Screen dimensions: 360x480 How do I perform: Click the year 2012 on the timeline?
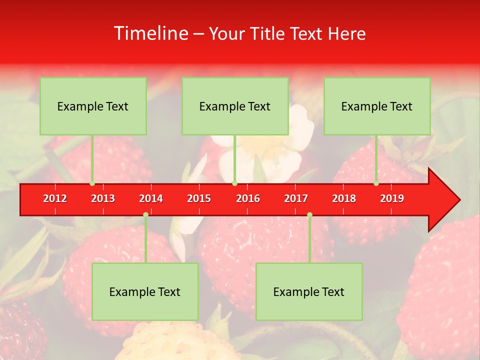[55, 198]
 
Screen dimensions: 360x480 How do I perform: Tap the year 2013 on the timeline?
[103, 198]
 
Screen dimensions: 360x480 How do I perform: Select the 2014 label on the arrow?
[151, 198]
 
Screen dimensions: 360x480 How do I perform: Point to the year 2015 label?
[199, 198]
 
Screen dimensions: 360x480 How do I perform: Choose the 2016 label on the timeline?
[248, 198]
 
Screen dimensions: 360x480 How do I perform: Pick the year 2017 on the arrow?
[296, 198]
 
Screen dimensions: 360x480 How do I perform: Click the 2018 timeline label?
[344, 198]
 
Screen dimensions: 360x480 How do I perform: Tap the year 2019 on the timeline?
[392, 198]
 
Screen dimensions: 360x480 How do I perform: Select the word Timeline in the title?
[150, 33]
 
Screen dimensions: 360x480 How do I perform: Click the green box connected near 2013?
[93, 106]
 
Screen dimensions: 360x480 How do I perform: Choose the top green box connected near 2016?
[235, 106]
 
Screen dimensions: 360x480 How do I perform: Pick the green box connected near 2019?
[377, 106]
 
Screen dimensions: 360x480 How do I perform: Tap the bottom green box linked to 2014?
[145, 291]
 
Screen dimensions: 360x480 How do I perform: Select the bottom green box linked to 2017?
[309, 291]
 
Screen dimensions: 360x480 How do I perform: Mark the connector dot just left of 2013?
[92, 183]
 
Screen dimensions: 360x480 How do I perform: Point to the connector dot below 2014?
[145, 214]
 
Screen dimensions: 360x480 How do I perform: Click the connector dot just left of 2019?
[376, 183]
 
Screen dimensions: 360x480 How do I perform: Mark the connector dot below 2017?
[309, 214]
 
